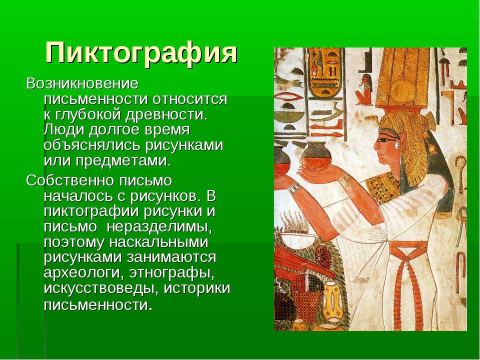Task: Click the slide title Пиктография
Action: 141,52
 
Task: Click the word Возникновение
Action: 82,83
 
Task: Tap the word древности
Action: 166,114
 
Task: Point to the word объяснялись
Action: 93,145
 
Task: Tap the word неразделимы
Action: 159,227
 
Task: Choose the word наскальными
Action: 159,242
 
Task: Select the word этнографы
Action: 171,273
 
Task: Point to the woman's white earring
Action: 397,145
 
